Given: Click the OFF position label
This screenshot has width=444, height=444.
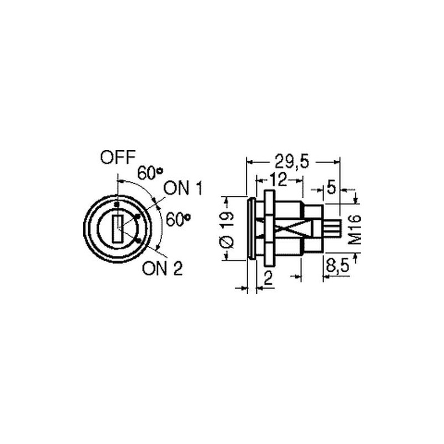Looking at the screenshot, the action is coord(118,158).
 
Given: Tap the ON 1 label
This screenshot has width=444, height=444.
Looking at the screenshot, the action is coord(183,188).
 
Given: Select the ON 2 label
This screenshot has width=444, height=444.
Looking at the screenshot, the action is coord(163,268).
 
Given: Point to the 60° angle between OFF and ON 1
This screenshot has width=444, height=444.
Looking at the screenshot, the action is coord(150,173).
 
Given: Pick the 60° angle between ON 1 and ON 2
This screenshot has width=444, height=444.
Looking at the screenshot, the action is coord(178,219).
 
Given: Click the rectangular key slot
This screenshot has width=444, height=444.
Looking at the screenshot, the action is coord(117,229).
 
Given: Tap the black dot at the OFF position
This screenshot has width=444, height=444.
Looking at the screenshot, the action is coord(116,204).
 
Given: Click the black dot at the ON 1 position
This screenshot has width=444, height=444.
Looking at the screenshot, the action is coord(138,217).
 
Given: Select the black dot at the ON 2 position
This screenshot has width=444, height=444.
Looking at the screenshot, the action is coord(138,241).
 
